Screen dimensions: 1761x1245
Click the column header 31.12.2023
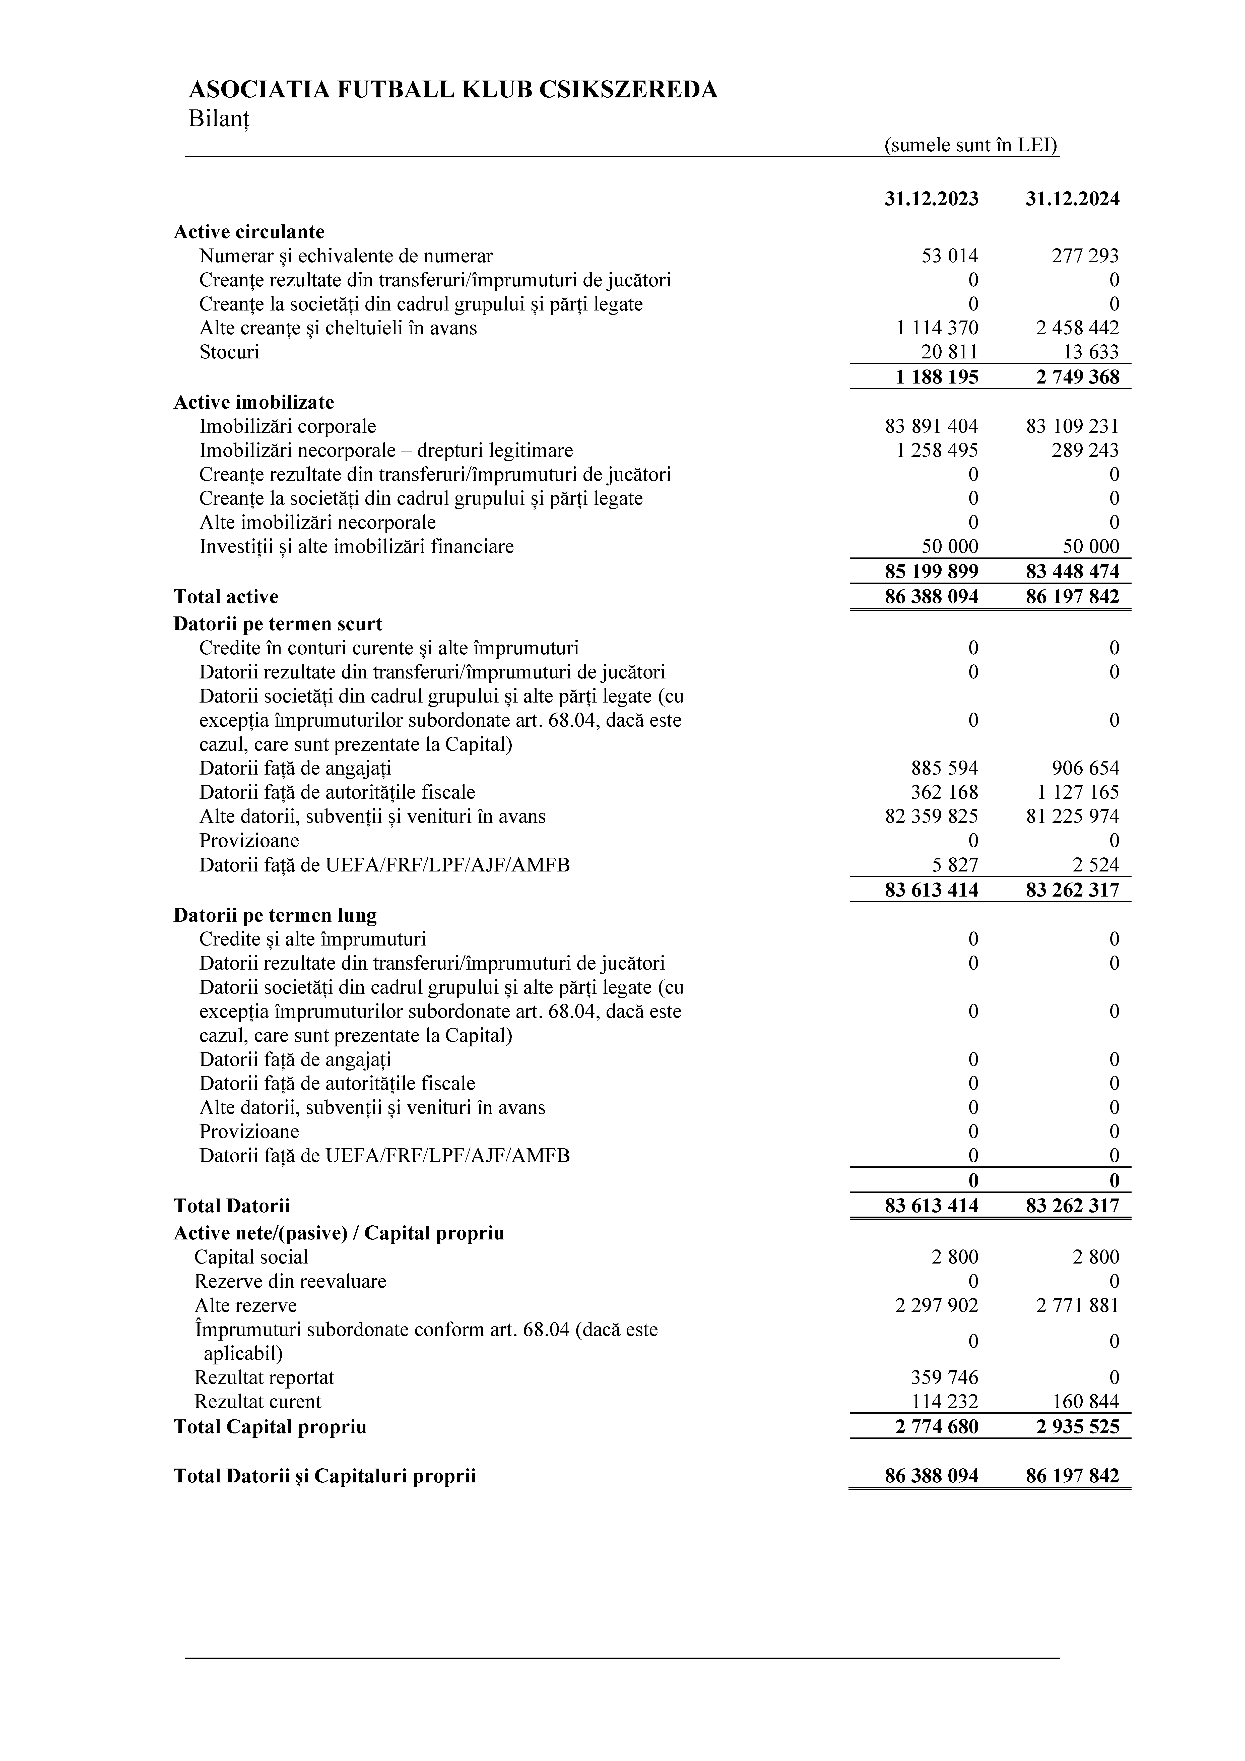click(x=931, y=199)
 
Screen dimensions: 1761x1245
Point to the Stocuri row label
click(x=229, y=352)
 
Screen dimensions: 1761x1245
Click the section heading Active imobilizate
click(x=254, y=402)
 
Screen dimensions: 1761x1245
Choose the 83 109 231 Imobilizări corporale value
click(x=1072, y=426)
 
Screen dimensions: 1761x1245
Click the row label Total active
click(x=226, y=597)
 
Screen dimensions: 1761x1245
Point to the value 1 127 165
click(x=1077, y=792)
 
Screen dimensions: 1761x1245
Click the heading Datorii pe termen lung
click(x=275, y=915)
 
